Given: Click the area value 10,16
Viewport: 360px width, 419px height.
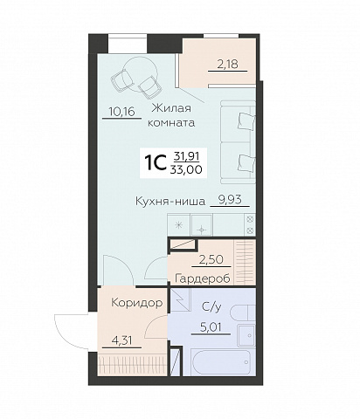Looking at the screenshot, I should (x=117, y=111).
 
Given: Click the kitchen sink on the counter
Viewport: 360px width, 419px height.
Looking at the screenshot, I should (x=200, y=226).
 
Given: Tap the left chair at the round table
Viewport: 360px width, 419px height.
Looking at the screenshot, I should (x=121, y=79).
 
